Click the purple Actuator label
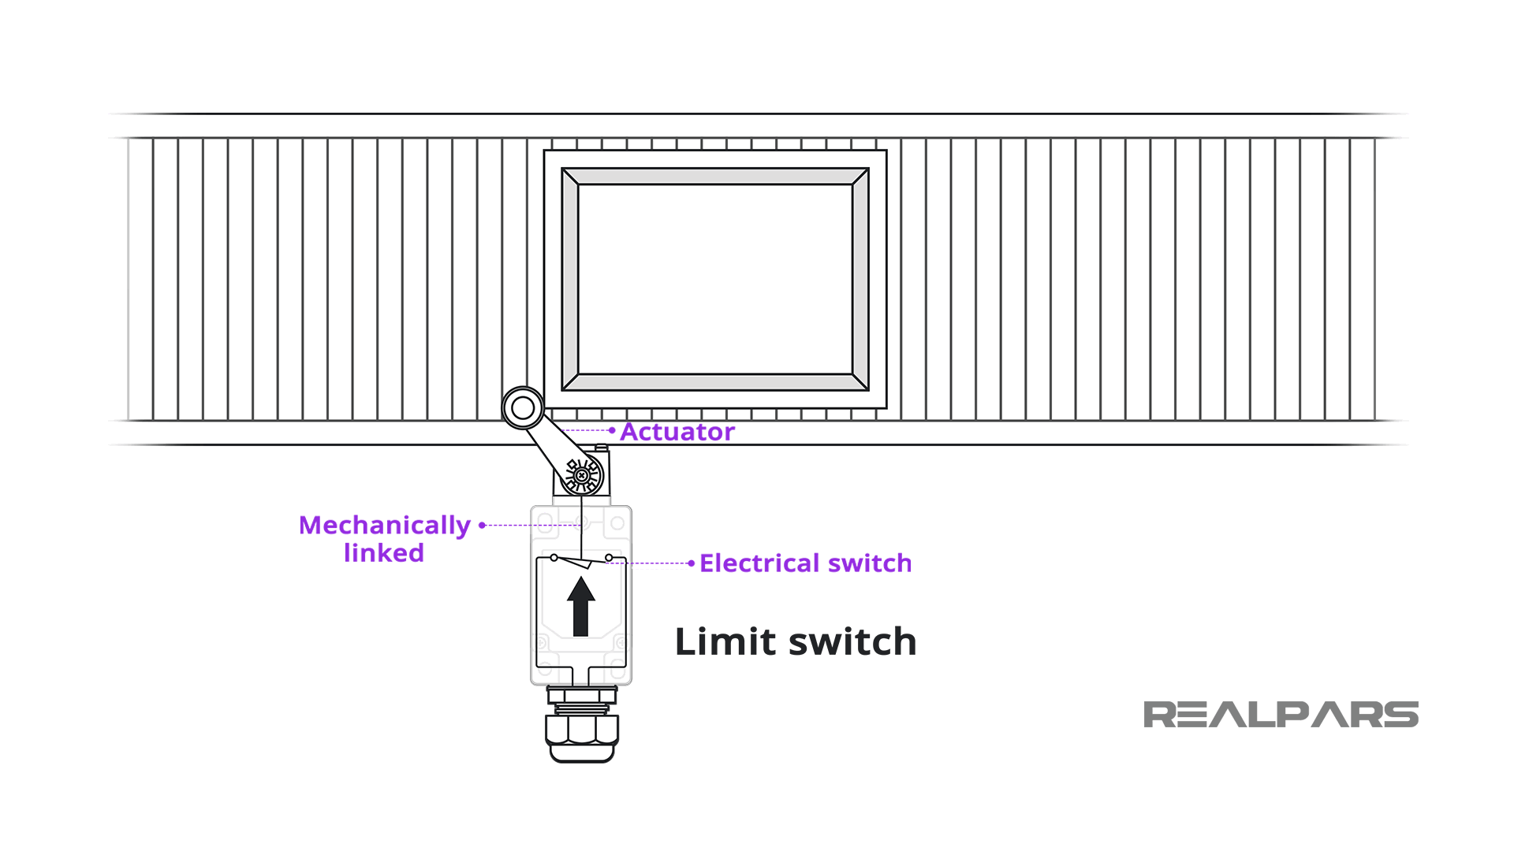coord(677,432)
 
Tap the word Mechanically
coord(384,526)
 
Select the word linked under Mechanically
coord(383,553)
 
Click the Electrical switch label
coord(805,563)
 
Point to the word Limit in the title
coord(725,641)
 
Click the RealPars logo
coord(1281,715)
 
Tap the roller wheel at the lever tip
coord(523,407)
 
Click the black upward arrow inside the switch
coord(581,606)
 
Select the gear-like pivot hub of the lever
coord(583,475)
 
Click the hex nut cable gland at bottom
coord(582,729)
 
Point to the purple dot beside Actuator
coord(612,430)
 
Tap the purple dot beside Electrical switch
coord(691,563)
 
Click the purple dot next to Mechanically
coord(482,525)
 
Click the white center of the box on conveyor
coord(714,279)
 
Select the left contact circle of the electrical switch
coord(554,558)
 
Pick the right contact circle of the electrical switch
coord(609,558)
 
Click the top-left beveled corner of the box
coord(570,177)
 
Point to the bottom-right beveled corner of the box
coord(860,382)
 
